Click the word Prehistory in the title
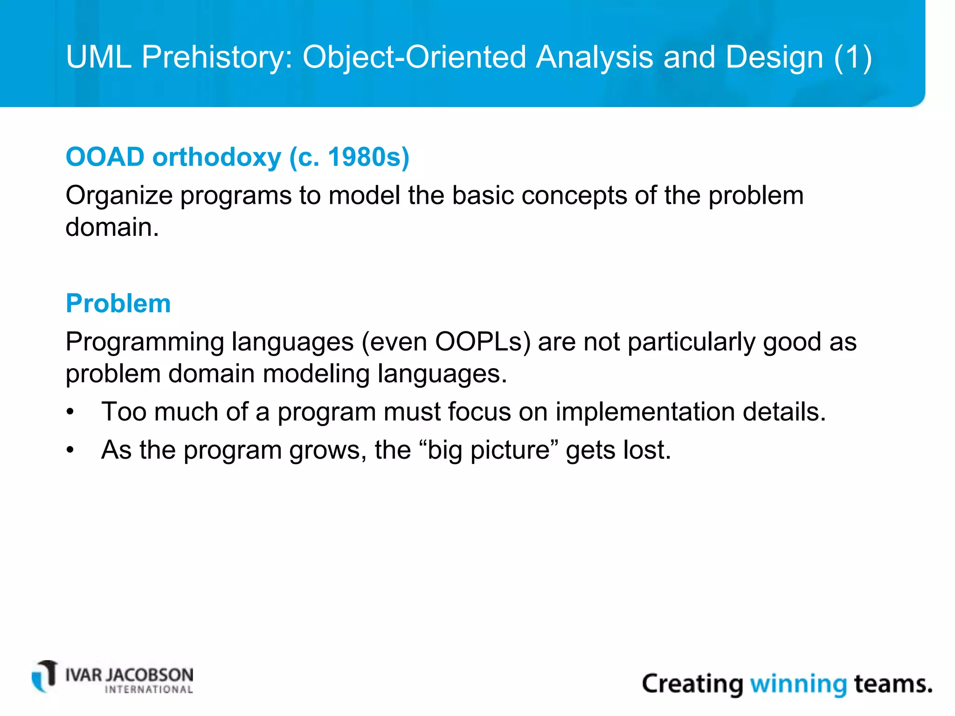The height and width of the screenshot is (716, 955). (x=217, y=58)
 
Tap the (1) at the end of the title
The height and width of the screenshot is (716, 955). (x=853, y=58)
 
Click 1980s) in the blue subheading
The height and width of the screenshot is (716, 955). (x=368, y=157)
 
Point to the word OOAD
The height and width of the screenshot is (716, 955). (x=105, y=157)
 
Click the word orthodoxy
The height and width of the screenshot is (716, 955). (x=217, y=157)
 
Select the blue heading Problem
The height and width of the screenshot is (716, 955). (x=118, y=303)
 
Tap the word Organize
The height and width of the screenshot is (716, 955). (x=119, y=196)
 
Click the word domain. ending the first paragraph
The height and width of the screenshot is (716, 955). (x=112, y=227)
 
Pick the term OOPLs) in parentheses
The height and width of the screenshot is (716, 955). (x=483, y=342)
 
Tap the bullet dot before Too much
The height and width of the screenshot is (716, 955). (x=70, y=413)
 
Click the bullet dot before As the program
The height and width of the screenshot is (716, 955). (x=70, y=451)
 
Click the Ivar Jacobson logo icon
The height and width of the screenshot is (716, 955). (x=45, y=676)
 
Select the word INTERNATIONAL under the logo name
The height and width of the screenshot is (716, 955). (x=149, y=690)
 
